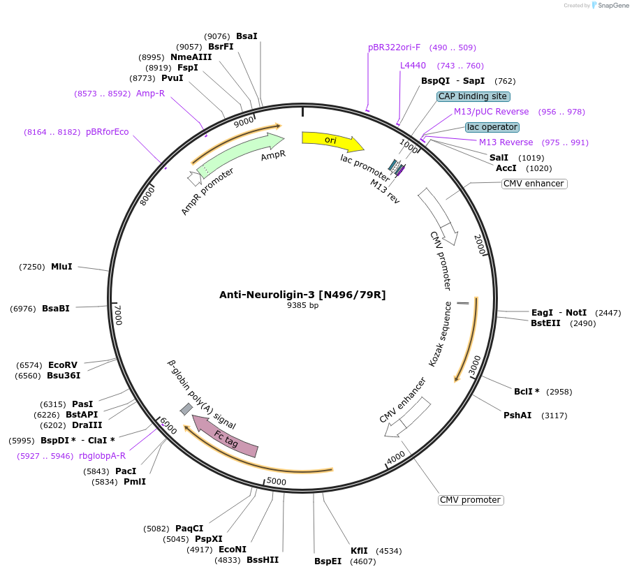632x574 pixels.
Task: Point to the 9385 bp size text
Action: click(x=302, y=305)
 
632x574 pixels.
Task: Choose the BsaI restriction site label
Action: click(x=247, y=36)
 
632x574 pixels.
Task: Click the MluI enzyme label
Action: click(x=61, y=266)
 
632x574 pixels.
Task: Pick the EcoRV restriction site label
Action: click(x=63, y=365)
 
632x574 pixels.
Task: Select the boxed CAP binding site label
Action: click(x=473, y=96)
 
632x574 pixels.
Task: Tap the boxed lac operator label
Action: click(x=492, y=127)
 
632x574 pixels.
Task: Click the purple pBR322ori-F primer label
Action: click(x=394, y=47)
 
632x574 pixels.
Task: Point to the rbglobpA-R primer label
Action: click(x=102, y=455)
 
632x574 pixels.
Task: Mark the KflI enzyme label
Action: click(x=359, y=550)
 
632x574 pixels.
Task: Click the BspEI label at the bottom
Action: click(x=328, y=561)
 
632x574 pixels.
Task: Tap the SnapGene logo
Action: click(x=610, y=6)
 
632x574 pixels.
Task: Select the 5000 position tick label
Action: click(x=277, y=481)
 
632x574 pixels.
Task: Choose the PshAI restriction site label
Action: click(x=517, y=415)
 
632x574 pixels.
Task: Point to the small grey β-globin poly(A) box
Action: click(x=186, y=409)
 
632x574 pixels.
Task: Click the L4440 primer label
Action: click(x=413, y=66)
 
